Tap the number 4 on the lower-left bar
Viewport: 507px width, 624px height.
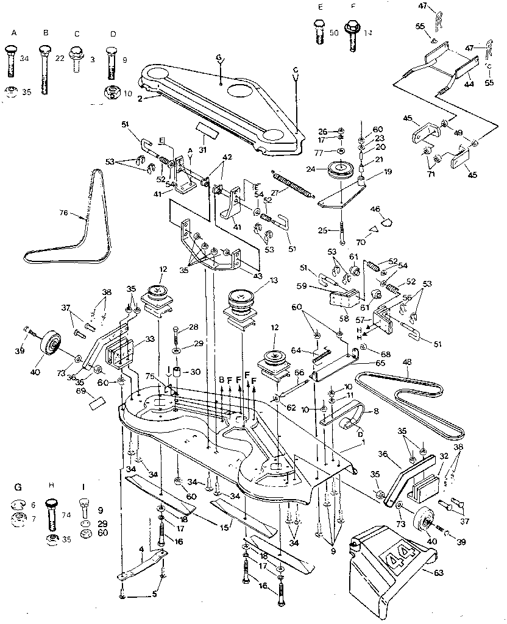[141, 550]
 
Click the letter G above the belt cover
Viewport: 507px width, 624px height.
[219, 58]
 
